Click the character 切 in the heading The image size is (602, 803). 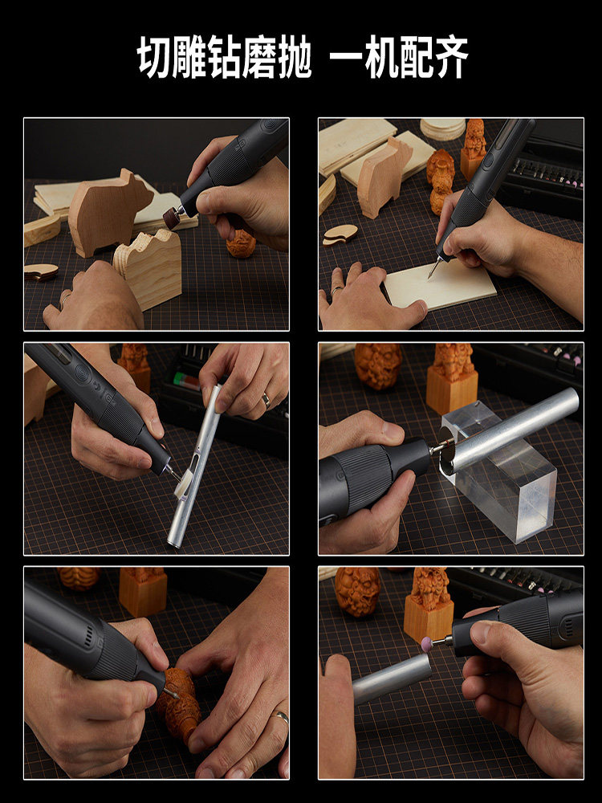157,58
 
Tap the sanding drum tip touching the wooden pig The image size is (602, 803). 171,217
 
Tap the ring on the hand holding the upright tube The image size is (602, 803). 265,399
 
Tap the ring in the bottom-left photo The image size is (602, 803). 280,716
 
